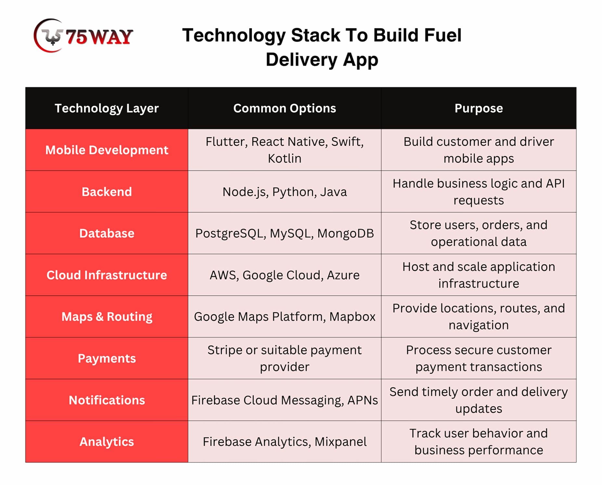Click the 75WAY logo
pos(83,36)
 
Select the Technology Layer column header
pos(107,108)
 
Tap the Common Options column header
pos(285,108)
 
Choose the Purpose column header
pos(479,108)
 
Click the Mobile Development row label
pos(107,150)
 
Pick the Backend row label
pos(107,192)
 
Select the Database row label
pos(107,233)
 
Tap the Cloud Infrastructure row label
pos(107,275)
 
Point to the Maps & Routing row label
pos(107,317)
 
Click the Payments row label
pos(107,358)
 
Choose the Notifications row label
pos(107,400)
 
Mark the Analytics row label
pos(107,442)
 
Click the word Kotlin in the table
pos(285,158)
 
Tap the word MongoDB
pos(345,233)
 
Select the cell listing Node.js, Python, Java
pos(285,192)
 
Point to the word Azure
pos(343,275)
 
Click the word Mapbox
pos(352,317)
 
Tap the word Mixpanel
pos(340,442)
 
